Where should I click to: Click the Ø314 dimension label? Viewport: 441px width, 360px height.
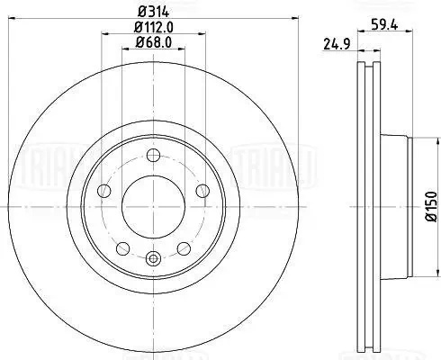[154, 12]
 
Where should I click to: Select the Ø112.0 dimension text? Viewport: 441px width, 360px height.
[154, 28]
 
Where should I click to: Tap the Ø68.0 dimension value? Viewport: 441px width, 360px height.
[153, 42]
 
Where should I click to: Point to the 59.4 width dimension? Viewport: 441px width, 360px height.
[384, 25]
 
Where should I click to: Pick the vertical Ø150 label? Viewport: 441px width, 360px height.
[432, 206]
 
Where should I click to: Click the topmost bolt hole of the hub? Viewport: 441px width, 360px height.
[154, 155]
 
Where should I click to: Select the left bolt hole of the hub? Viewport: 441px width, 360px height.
[104, 191]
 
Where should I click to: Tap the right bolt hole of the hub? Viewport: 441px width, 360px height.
[202, 191]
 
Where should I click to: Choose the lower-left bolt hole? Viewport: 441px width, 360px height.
[122, 248]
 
